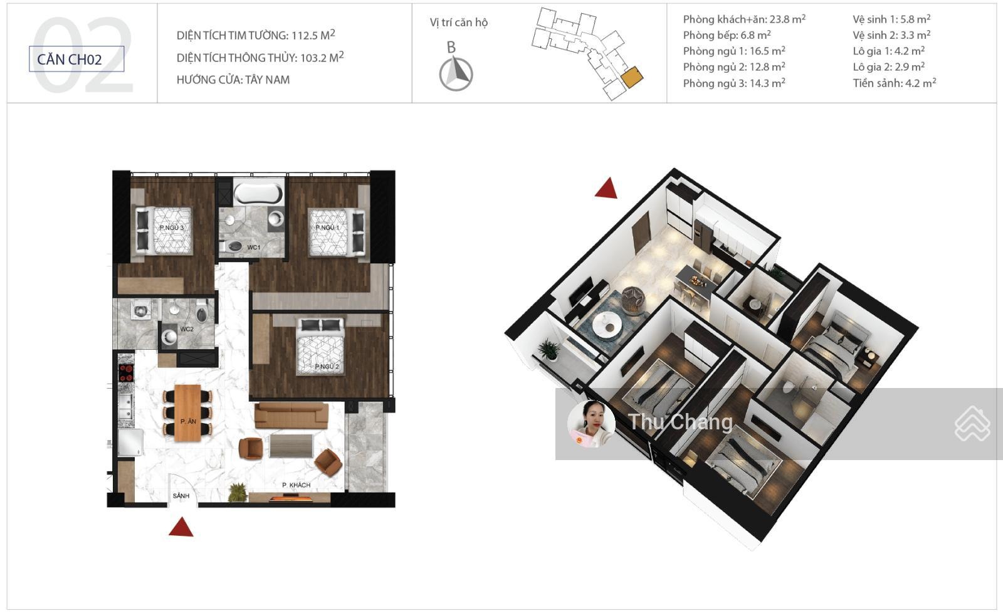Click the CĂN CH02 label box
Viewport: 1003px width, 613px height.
pos(76,59)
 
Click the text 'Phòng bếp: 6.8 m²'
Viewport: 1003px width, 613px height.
pos(727,35)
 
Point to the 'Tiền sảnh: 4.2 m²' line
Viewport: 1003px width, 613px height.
pos(894,83)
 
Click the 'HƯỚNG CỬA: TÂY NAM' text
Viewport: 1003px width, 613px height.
pos(233,80)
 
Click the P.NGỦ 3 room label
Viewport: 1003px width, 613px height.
pos(172,228)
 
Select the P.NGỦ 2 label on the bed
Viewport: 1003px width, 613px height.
pos(327,366)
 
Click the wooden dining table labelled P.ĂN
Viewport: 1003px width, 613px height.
pos(187,413)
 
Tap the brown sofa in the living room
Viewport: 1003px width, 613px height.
pos(291,415)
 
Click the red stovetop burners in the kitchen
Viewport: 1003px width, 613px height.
pos(126,373)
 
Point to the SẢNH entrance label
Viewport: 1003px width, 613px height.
pos(181,496)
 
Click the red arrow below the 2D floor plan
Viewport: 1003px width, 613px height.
pos(181,528)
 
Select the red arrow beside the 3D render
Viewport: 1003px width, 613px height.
pos(607,188)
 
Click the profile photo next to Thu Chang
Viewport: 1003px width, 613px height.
pos(591,424)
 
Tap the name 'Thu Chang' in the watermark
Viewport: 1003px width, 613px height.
pos(681,422)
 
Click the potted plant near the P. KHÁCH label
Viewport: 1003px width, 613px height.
pos(238,493)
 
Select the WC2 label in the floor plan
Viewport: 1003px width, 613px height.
pos(187,329)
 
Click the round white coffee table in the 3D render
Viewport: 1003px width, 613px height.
pos(607,323)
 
